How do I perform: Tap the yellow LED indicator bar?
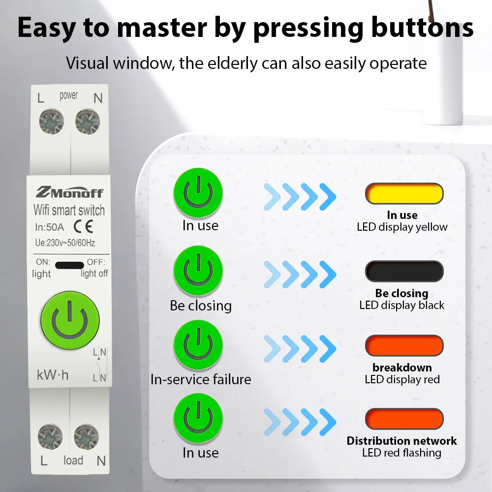[x=404, y=193]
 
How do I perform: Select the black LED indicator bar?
[x=404, y=271]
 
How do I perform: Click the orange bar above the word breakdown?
[x=404, y=345]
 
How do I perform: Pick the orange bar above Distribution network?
[x=404, y=419]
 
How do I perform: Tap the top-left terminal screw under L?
[x=52, y=122]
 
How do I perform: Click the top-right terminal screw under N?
[x=88, y=122]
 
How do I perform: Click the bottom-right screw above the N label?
[x=87, y=436]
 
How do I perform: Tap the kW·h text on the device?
[x=53, y=375]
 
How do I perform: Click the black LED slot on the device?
[x=69, y=265]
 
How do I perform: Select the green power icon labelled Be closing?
[x=198, y=271]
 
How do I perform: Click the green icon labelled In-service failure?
[x=198, y=345]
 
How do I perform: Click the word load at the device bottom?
[x=73, y=461]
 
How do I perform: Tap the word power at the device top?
[x=69, y=95]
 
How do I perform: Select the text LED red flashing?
[x=401, y=453]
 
